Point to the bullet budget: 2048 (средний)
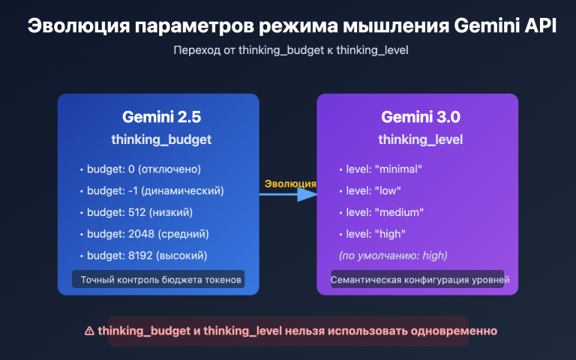[148, 234]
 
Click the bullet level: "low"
[373, 190]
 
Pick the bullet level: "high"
[375, 234]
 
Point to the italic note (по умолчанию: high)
[393, 256]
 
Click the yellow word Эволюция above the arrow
[290, 184]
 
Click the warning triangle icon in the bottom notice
[89, 331]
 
